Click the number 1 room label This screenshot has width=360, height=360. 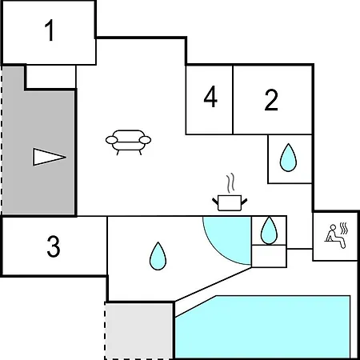click(x=50, y=30)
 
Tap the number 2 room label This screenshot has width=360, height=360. click(x=271, y=100)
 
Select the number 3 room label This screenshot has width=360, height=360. click(x=54, y=247)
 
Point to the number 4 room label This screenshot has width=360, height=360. click(x=210, y=97)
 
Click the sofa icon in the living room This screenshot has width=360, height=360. click(x=128, y=142)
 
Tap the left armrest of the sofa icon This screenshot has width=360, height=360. click(x=111, y=140)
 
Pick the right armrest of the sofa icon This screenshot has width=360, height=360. click(x=145, y=140)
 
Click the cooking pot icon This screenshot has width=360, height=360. click(x=230, y=203)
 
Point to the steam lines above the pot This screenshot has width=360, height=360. click(x=230, y=183)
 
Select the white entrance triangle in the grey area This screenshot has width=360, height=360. click(x=49, y=157)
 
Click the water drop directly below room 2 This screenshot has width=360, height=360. click(x=288, y=158)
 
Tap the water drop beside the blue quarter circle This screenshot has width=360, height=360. click(x=269, y=230)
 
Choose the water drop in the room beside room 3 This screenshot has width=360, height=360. click(x=158, y=256)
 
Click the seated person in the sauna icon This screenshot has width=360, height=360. click(x=335, y=237)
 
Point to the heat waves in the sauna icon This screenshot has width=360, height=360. click(x=344, y=228)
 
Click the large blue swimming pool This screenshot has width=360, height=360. click(x=262, y=327)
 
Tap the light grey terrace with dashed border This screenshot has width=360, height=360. click(x=138, y=331)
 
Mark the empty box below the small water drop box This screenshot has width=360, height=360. click(x=269, y=256)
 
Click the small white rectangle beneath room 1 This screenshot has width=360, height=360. click(x=51, y=77)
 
